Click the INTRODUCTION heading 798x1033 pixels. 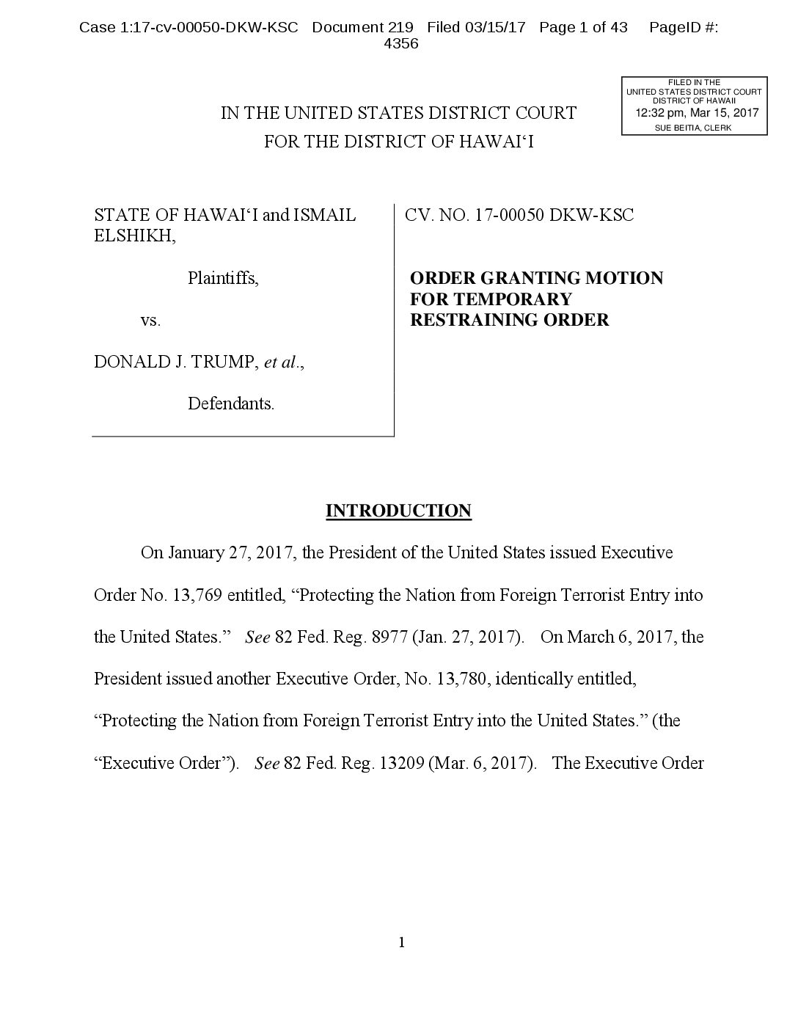398,511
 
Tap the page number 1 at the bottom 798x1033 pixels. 401,942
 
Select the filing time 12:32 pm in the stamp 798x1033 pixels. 656,113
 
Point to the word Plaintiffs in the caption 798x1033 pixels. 222,278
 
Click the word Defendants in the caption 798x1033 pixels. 230,404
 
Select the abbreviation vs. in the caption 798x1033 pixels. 150,321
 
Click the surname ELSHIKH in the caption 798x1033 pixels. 134,236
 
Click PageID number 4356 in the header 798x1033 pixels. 400,44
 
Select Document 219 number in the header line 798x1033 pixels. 400,28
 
